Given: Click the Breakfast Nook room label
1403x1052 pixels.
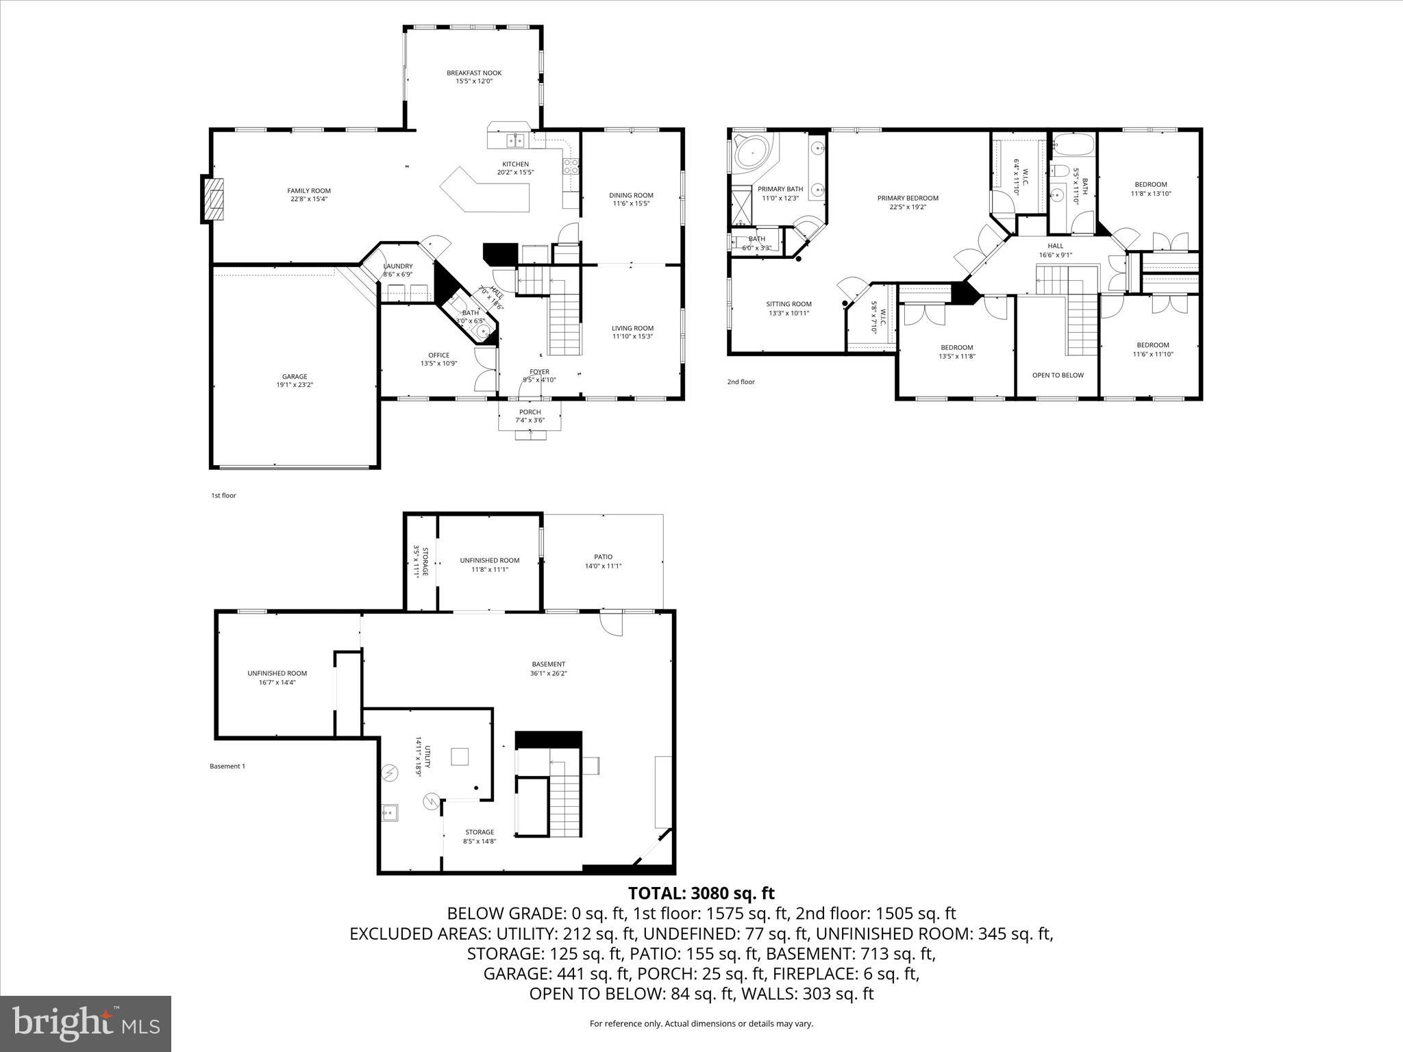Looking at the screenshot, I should tap(474, 73).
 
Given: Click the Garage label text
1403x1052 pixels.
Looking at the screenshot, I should tap(295, 376).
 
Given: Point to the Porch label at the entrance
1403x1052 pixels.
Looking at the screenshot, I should tap(530, 412).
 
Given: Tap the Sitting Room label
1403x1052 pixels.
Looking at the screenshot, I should tap(789, 304).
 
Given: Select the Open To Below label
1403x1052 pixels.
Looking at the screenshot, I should tap(1058, 375).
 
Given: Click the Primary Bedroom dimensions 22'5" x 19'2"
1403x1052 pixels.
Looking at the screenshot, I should tap(908, 207).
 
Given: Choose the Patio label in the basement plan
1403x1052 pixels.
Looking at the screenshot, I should tap(603, 557).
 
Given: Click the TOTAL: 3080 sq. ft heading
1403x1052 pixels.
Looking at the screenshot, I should tap(701, 893).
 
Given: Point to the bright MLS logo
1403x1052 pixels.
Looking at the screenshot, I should tap(86, 1023).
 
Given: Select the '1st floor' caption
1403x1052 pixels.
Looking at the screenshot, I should tap(223, 495).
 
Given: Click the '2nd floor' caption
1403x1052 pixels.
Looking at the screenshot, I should tap(741, 381).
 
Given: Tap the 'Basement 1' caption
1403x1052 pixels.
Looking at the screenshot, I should tap(227, 766).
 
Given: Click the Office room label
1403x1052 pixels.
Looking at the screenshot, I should tap(438, 355).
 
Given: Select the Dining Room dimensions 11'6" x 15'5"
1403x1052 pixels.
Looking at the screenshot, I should tap(630, 203).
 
